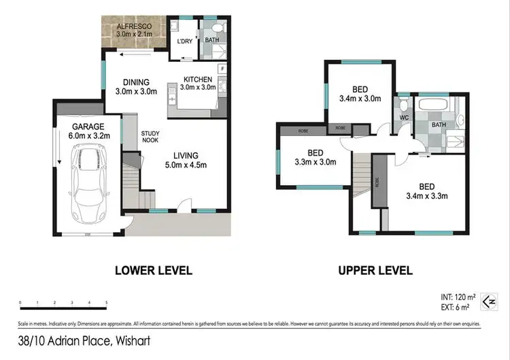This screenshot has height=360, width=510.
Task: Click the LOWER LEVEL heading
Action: (x=153, y=270)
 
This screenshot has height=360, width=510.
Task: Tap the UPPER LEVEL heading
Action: (x=375, y=270)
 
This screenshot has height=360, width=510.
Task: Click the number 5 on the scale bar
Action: (x=107, y=302)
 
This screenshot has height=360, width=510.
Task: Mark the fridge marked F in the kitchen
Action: (x=222, y=69)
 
